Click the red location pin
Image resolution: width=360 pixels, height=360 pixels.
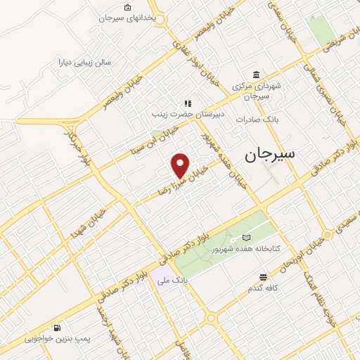(181, 165)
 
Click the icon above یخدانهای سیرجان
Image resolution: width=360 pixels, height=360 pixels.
(127, 8)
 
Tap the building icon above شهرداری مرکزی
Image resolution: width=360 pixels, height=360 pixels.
(255, 75)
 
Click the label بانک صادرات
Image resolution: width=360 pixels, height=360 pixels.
(257, 119)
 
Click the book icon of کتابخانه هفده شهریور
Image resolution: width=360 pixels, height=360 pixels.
(245, 238)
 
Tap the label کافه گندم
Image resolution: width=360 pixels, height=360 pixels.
(264, 288)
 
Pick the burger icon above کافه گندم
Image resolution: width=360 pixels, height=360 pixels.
(263, 277)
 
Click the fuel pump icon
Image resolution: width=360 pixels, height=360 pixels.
(57, 328)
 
